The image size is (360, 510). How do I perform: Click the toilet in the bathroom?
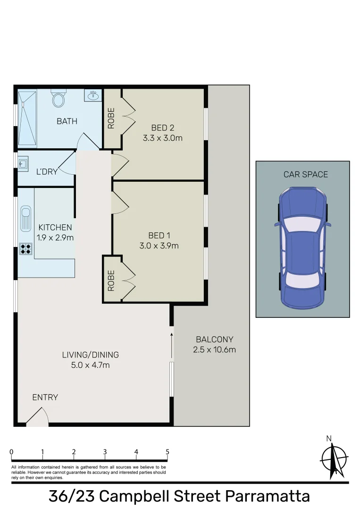pyautogui.click(x=59, y=100)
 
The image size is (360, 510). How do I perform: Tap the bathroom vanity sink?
pyautogui.click(x=93, y=96)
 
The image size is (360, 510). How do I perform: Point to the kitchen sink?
pyautogui.click(x=25, y=220)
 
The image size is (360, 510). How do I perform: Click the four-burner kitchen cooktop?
pyautogui.click(x=25, y=249)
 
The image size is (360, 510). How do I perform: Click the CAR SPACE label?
pyautogui.click(x=305, y=175)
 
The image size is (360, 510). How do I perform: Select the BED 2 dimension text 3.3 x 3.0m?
pyautogui.click(x=162, y=138)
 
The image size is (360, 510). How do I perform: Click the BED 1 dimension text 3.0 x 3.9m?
pyautogui.click(x=159, y=246)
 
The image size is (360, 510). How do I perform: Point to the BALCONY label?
pyautogui.click(x=214, y=339)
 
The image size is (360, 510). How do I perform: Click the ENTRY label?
pyautogui.click(x=45, y=398)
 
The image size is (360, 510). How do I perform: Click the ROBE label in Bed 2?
pyautogui.click(x=111, y=119)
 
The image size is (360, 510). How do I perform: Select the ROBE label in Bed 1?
pyautogui.click(x=111, y=280)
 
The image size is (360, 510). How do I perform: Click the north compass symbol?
pyautogui.click(x=334, y=458)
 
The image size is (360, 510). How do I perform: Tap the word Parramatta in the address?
pyautogui.click(x=267, y=497)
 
